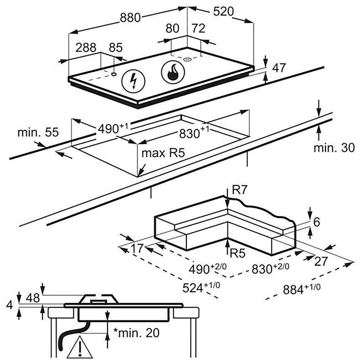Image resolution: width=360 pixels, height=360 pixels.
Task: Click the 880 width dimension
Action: pyautogui.click(x=130, y=18)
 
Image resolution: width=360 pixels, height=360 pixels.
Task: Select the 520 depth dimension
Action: pyautogui.click(x=223, y=12)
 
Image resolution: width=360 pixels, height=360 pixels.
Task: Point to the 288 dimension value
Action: pyautogui.click(x=86, y=47)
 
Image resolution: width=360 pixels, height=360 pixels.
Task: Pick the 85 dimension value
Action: pyautogui.click(x=116, y=47)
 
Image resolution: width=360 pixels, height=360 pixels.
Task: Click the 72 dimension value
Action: pyautogui.click(x=198, y=28)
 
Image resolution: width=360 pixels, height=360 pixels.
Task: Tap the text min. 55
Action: pyautogui.click(x=38, y=133)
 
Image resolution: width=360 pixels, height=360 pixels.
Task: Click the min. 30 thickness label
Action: pyautogui.click(x=334, y=148)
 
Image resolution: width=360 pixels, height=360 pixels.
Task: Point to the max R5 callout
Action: pyautogui.click(x=163, y=153)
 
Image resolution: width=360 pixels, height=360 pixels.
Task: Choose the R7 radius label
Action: pyautogui.click(x=240, y=190)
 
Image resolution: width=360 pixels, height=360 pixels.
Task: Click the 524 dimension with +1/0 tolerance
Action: pyautogui.click(x=201, y=287)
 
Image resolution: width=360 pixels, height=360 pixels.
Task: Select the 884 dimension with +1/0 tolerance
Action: pyautogui.click(x=302, y=289)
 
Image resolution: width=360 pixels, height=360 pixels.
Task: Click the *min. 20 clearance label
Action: pyautogui.click(x=136, y=333)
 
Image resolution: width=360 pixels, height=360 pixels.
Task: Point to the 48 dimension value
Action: pyautogui.click(x=33, y=298)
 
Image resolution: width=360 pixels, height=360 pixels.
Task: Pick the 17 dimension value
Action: pyautogui.click(x=138, y=248)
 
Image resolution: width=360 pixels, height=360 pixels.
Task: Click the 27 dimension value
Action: pyautogui.click(x=321, y=261)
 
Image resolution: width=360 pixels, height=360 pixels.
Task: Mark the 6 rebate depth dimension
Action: pyautogui.click(x=317, y=222)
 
